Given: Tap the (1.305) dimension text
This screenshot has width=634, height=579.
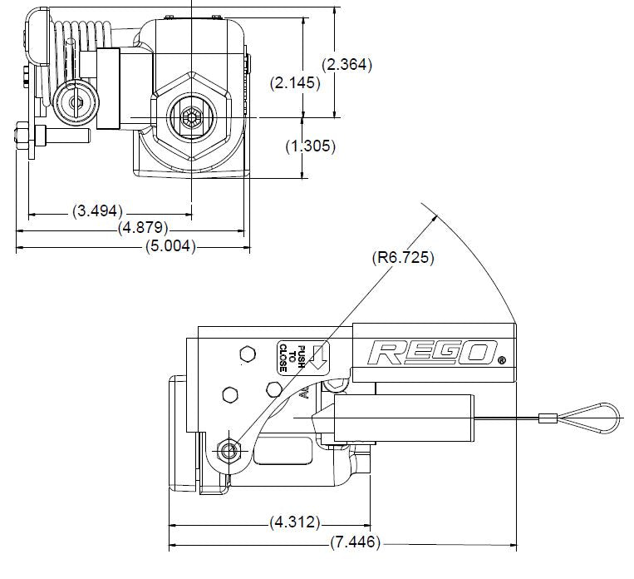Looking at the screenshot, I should tap(310, 146).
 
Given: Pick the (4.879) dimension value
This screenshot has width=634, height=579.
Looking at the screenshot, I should tap(142, 227).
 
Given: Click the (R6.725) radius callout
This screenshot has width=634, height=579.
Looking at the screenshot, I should tap(402, 257).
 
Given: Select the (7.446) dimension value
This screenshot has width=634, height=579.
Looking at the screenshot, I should tap(355, 543).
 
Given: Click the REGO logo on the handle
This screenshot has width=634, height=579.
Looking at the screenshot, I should tap(432, 352).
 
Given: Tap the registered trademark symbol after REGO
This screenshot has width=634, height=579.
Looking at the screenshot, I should tap(501, 360).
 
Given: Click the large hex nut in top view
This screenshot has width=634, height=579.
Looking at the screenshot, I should tap(192, 118).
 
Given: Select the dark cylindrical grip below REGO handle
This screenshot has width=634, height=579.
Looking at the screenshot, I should tap(404, 418).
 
